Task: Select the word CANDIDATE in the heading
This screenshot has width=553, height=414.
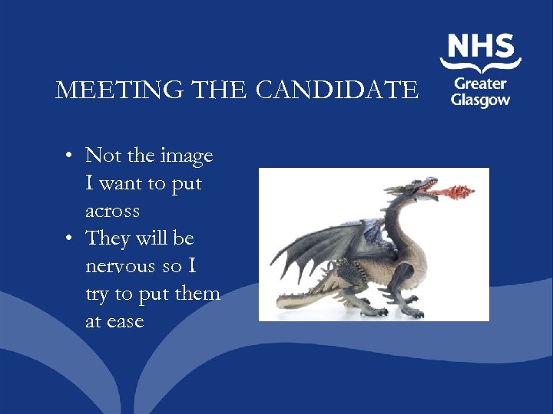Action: [337, 90]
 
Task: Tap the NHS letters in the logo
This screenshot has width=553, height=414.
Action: [481, 48]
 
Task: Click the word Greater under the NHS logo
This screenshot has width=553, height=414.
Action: [480, 84]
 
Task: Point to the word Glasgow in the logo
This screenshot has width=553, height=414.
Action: [481, 100]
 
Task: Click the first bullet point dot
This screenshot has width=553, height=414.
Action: [69, 156]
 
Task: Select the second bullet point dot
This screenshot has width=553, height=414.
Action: [69, 239]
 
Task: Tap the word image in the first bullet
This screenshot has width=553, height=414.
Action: [187, 156]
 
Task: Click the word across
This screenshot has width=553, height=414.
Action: [113, 211]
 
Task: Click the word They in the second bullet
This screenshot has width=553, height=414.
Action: [108, 238]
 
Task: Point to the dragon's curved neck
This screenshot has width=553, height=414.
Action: [396, 219]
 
